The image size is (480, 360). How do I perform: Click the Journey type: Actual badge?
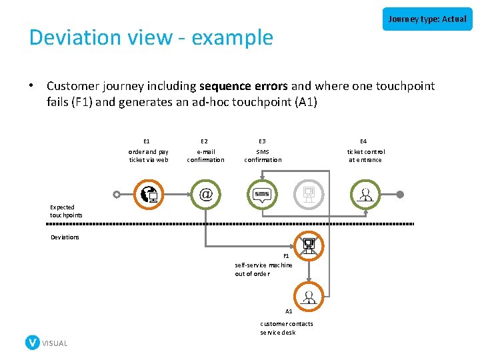[427, 19]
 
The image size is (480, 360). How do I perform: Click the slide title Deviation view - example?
[151, 37]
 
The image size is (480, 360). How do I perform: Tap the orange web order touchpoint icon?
[148, 195]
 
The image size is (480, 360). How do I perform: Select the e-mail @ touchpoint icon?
[205, 195]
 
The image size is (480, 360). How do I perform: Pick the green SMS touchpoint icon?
[262, 195]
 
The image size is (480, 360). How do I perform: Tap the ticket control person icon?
[365, 195]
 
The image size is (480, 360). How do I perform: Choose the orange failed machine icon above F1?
[309, 245]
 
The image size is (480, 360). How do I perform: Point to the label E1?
[147, 141]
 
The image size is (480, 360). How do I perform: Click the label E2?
[204, 141]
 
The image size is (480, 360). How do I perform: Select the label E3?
[262, 141]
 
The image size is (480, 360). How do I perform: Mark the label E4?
[364, 141]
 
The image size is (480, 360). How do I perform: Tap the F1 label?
[287, 256]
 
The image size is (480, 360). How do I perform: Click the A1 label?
[289, 311]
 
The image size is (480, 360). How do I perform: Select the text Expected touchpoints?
[66, 211]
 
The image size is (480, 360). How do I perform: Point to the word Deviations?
[65, 237]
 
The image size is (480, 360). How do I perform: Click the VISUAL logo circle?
[32, 343]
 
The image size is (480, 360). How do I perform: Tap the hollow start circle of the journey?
[117, 195]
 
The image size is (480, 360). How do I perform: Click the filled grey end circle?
[400, 195]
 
